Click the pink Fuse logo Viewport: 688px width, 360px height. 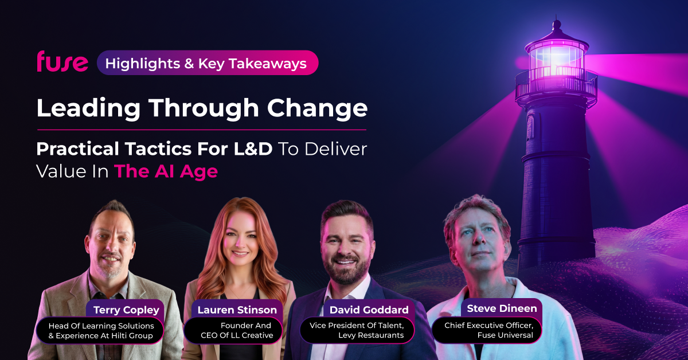coord(62,61)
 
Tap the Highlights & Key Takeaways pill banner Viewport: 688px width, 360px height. coord(208,62)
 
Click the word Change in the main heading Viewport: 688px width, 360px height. coord(317,109)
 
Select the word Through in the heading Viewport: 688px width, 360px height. coord(204,109)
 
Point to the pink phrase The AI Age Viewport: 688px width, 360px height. coord(166,171)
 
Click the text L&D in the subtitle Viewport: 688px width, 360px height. coord(253,149)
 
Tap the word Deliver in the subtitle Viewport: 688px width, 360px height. coord(336,149)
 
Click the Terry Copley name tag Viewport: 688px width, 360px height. coord(126,310)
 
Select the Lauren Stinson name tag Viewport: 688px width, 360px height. coord(237,310)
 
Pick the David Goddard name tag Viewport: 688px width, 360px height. coord(369,310)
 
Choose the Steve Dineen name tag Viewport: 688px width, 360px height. coord(502,308)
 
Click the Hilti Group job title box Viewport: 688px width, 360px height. coord(100,331)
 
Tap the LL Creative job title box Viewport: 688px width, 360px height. coord(233,330)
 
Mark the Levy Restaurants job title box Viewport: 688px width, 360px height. coord(357,330)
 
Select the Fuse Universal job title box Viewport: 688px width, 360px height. coord(487,330)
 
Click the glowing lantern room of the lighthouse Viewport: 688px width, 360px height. coord(556,61)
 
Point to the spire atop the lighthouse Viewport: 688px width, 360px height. coord(556,24)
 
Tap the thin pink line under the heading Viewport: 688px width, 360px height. coord(202,130)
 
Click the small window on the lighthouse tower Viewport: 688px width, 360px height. coord(530,127)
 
